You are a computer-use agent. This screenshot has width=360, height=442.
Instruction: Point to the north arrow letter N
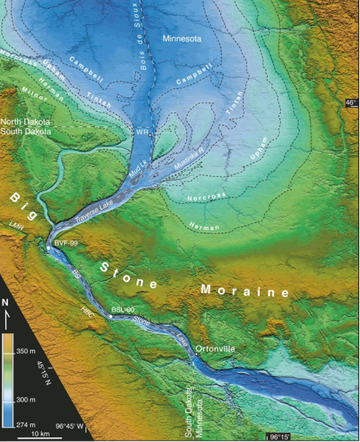[6, 302]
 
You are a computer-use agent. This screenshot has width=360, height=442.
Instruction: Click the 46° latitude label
[351, 102]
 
